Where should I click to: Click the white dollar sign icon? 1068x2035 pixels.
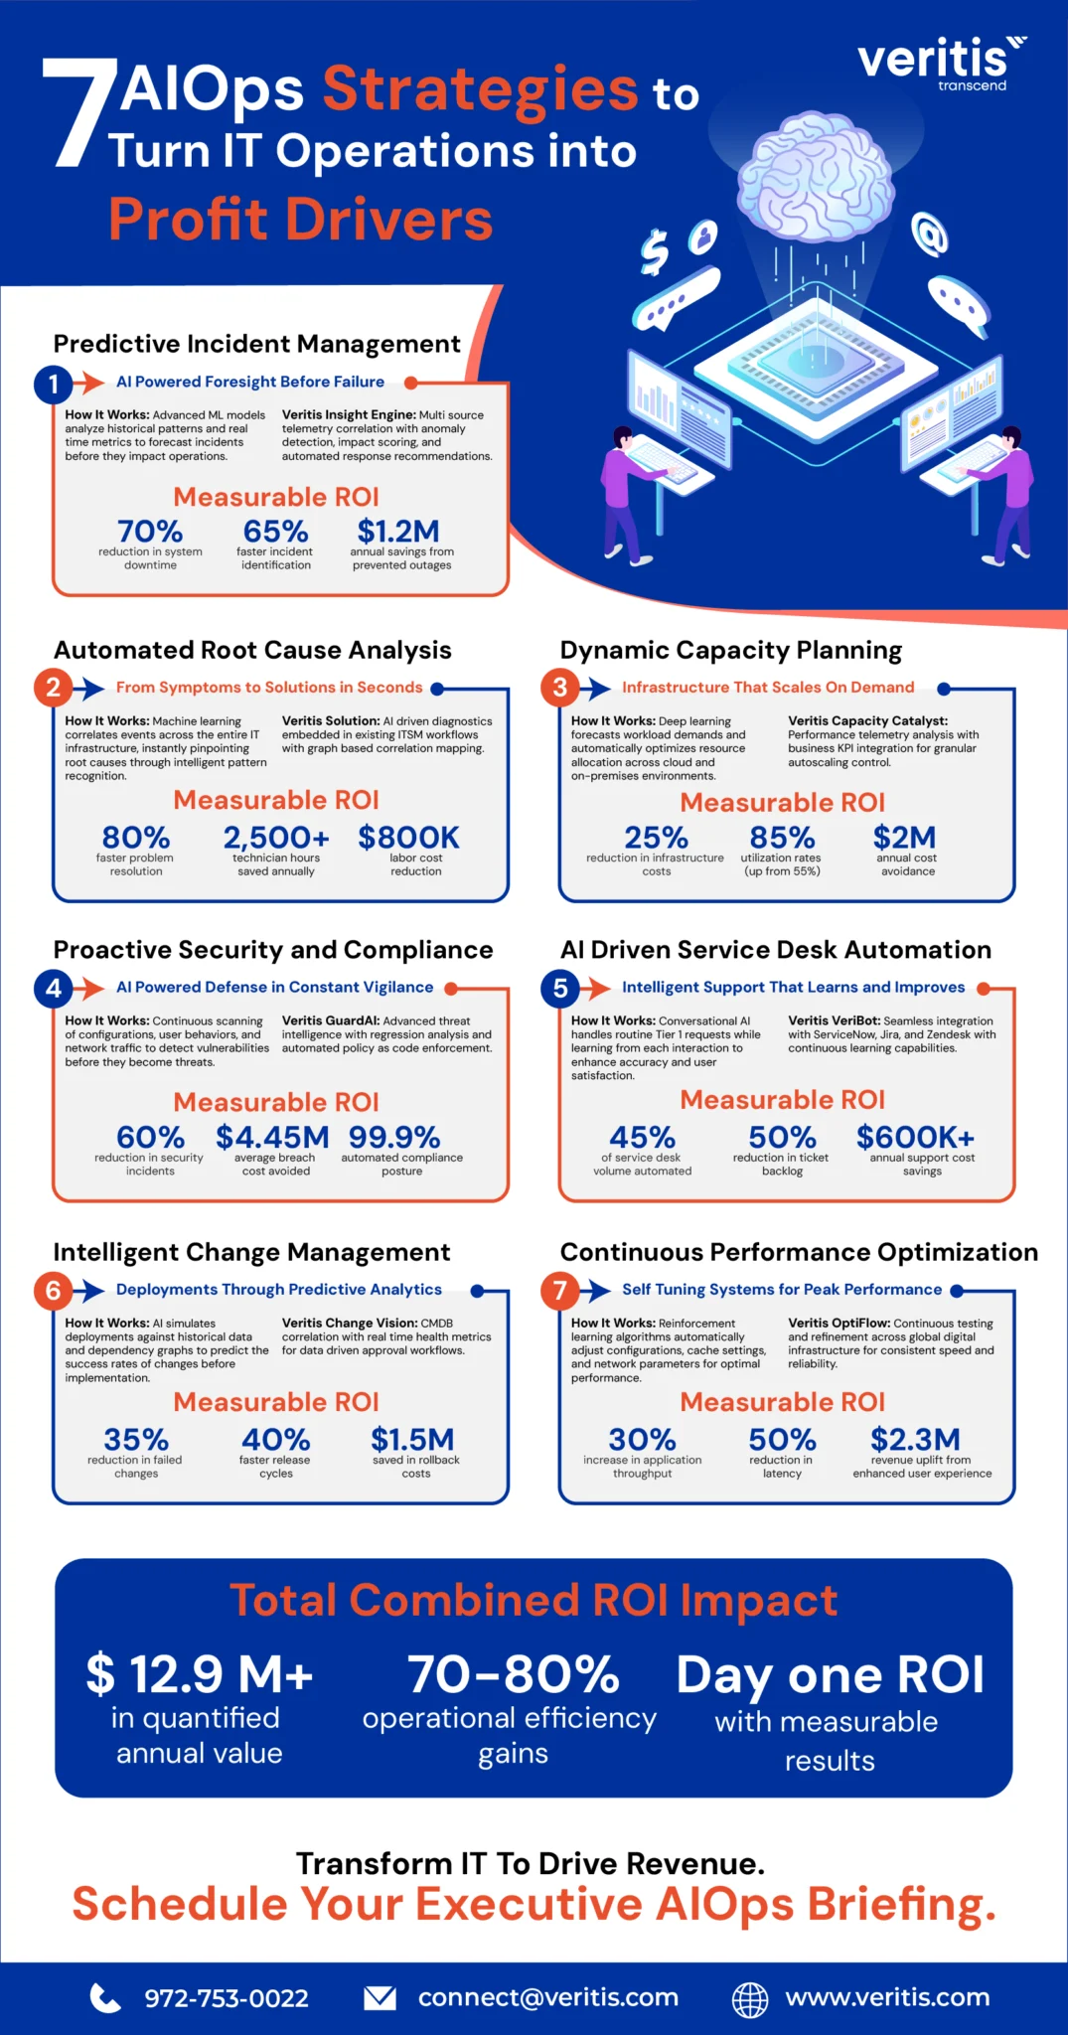[x=654, y=252]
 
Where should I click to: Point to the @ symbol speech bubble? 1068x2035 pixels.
[x=930, y=235]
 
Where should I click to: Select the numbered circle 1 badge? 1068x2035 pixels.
[x=54, y=384]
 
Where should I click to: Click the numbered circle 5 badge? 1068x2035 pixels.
[x=560, y=988]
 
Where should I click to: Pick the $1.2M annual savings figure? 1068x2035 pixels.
[x=398, y=531]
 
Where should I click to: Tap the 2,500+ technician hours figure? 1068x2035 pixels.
[x=276, y=838]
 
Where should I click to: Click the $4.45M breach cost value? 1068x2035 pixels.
[x=272, y=1137]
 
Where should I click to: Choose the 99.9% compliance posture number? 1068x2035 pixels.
[x=394, y=1137]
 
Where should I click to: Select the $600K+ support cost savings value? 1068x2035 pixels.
[x=915, y=1137]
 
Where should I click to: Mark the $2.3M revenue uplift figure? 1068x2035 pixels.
[x=915, y=1439]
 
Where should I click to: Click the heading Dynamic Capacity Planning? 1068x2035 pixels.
[x=731, y=650]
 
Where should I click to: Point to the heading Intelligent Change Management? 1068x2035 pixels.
[x=251, y=1252]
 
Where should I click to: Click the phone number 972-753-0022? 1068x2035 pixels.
[x=227, y=1997]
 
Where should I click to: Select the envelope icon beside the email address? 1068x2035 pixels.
[x=380, y=1997]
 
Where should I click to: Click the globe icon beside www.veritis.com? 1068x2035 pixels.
[x=750, y=1998]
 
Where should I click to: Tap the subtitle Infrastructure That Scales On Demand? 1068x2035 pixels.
[x=768, y=688]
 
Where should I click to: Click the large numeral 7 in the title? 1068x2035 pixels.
[x=79, y=112]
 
